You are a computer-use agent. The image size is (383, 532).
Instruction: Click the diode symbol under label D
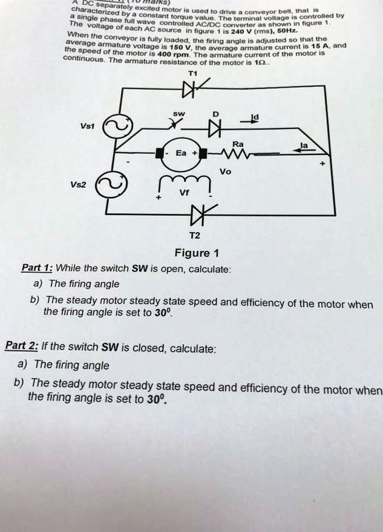[x=213, y=128]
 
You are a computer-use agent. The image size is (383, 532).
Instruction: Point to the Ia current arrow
[x=303, y=152]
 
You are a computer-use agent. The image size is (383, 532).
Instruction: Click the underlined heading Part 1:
[x=37, y=268]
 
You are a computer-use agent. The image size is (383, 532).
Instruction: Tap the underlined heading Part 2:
[x=22, y=347]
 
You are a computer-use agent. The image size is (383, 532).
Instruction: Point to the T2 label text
[x=193, y=235]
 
